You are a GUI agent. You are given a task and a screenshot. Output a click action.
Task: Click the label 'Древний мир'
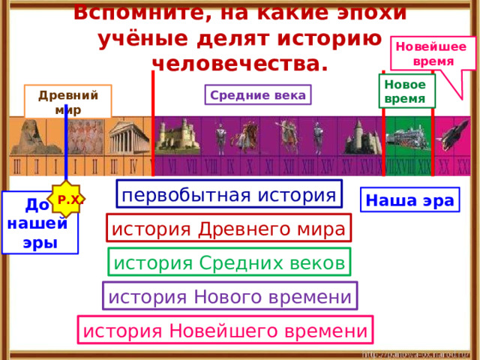click(68, 101)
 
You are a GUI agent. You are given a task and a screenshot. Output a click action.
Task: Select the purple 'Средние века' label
click(258, 95)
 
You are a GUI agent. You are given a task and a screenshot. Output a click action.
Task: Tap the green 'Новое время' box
click(406, 91)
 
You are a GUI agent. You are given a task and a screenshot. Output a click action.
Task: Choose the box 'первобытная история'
click(229, 195)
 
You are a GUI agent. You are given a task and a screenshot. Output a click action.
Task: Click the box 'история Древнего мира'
click(229, 229)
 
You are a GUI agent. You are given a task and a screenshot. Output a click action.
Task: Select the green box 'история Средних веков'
click(229, 262)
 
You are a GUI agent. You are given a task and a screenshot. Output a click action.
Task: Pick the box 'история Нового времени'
click(229, 296)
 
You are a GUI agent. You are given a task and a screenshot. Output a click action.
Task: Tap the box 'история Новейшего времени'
click(225, 330)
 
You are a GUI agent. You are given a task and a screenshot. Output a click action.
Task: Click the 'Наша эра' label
click(409, 200)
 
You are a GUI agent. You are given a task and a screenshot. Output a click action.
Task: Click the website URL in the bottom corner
click(416, 353)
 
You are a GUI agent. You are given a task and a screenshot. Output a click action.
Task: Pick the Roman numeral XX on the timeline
click(444, 165)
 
